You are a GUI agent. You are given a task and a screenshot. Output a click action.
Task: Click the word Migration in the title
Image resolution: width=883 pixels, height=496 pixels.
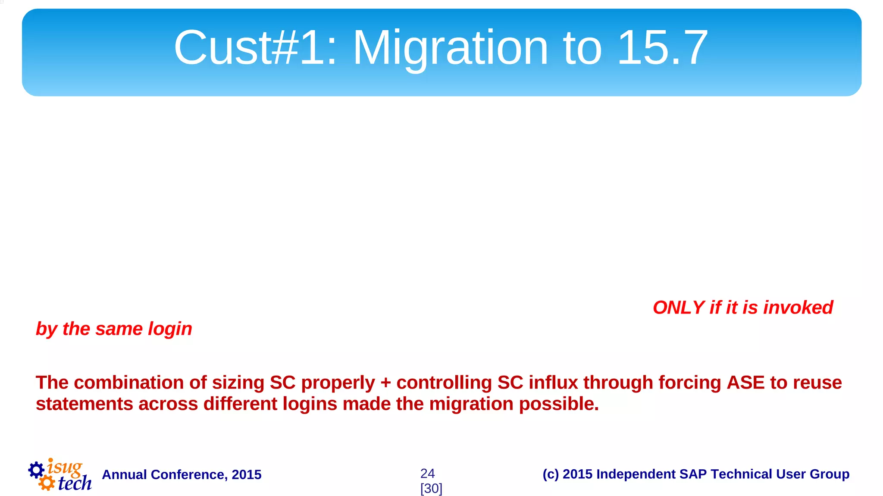pyautogui.click(x=450, y=48)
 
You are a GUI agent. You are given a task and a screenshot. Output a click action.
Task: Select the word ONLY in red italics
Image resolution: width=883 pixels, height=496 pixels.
pyautogui.click(x=679, y=308)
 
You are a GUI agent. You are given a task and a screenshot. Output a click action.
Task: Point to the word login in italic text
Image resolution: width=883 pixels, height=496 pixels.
pyautogui.click(x=170, y=329)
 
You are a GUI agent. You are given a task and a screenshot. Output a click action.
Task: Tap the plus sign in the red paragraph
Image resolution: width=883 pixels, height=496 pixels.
pyautogui.click(x=385, y=383)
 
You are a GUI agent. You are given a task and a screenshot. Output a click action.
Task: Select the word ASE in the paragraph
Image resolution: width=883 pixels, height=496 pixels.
pyautogui.click(x=745, y=383)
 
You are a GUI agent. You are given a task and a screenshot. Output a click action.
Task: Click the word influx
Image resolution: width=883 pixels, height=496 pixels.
pyautogui.click(x=553, y=383)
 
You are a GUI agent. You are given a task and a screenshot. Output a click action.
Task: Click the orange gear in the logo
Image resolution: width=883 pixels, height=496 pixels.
pyautogui.click(x=47, y=483)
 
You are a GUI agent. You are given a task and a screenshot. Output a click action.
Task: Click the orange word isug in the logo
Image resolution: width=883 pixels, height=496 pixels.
pyautogui.click(x=65, y=467)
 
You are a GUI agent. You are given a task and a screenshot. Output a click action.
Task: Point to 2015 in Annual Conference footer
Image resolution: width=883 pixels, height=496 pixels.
pyautogui.click(x=246, y=475)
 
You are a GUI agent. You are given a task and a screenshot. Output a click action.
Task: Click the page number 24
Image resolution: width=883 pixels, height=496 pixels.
pyautogui.click(x=427, y=474)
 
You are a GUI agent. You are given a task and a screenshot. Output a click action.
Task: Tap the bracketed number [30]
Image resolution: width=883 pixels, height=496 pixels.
pyautogui.click(x=431, y=489)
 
